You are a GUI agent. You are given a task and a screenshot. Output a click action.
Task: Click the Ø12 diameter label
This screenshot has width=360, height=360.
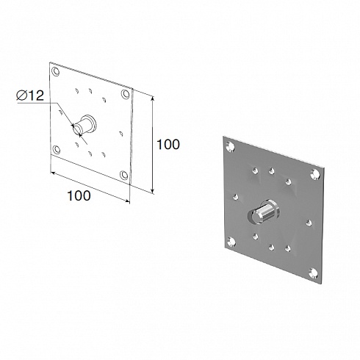pos(30,96)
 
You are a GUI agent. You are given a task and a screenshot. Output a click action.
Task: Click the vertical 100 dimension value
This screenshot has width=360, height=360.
pos(168,144)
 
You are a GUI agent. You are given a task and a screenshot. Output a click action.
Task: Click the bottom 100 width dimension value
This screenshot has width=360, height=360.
pos(79,195)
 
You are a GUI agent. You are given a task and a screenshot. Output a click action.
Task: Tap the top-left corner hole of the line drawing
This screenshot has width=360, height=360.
pos(56,72)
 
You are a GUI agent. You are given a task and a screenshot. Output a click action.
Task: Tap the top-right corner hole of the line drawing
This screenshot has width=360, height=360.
pos(125,94)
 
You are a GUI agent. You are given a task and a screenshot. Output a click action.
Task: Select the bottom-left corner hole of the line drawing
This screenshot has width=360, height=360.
pos(57,149)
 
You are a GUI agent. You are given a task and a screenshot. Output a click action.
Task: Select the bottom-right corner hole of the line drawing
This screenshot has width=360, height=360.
pos(124,175)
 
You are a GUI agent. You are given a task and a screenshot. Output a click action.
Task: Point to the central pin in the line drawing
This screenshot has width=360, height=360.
pos(84,125)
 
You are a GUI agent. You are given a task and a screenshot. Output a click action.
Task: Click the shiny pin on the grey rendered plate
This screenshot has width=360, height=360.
pos(264,212)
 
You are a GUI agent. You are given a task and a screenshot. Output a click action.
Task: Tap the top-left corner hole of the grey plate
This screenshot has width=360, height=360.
pos(231,146)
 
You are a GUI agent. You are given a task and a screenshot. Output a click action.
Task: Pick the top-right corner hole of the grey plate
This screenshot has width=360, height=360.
pos(315,174)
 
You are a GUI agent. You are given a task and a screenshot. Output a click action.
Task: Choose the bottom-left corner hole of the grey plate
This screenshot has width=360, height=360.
pos(231,242)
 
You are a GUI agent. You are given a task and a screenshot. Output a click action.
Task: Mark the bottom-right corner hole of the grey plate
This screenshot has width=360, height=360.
pos(314,273)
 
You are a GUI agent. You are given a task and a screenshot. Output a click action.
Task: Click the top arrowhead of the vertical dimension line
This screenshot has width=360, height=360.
pos(153,98)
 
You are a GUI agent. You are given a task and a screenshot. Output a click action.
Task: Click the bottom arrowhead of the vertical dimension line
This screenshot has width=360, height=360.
pos(153,191)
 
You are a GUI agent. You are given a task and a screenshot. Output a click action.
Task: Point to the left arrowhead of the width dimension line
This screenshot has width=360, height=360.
pos(53,173)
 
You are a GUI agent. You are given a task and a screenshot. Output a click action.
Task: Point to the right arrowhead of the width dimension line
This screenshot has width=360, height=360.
pos(127,201)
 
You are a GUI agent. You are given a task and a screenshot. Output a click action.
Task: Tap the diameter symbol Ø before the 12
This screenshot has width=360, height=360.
pos(21,96)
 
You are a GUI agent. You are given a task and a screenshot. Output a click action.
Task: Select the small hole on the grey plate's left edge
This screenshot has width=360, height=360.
pos(236,197)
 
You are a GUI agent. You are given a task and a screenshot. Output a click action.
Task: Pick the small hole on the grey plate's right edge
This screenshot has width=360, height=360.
pos(309,223)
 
